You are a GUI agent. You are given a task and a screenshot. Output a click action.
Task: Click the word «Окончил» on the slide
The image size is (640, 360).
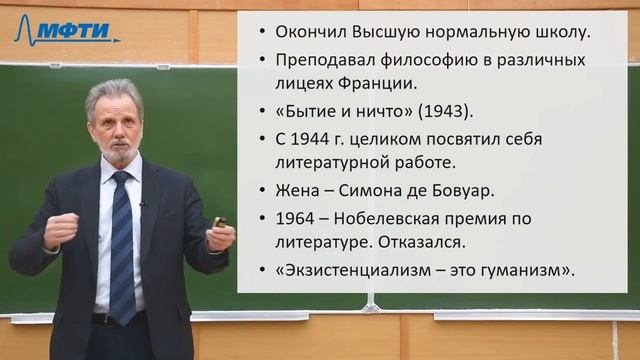[x=302, y=31]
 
